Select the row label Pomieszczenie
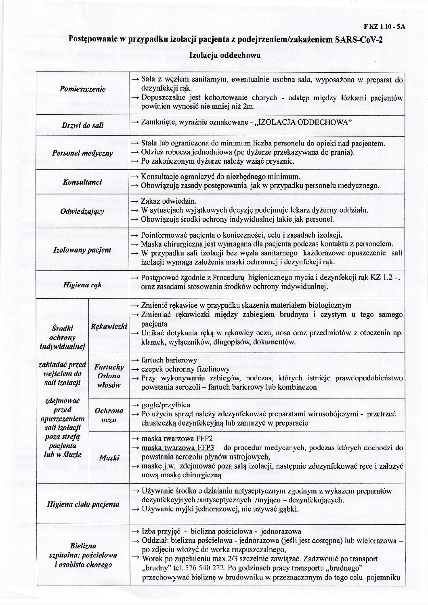pyautogui.click(x=83, y=89)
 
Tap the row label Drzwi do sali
pyautogui.click(x=83, y=125)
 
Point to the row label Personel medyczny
pyautogui.click(x=83, y=153)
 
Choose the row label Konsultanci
pyautogui.click(x=82, y=183)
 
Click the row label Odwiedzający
pyautogui.click(x=83, y=211)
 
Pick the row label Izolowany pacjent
pyautogui.click(x=82, y=250)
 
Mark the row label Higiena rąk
pyautogui.click(x=83, y=285)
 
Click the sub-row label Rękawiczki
pyautogui.click(x=109, y=326)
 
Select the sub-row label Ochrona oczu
pyautogui.click(x=109, y=415)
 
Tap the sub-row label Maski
pyautogui.click(x=109, y=457)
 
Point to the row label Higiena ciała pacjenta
pyautogui.click(x=83, y=504)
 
